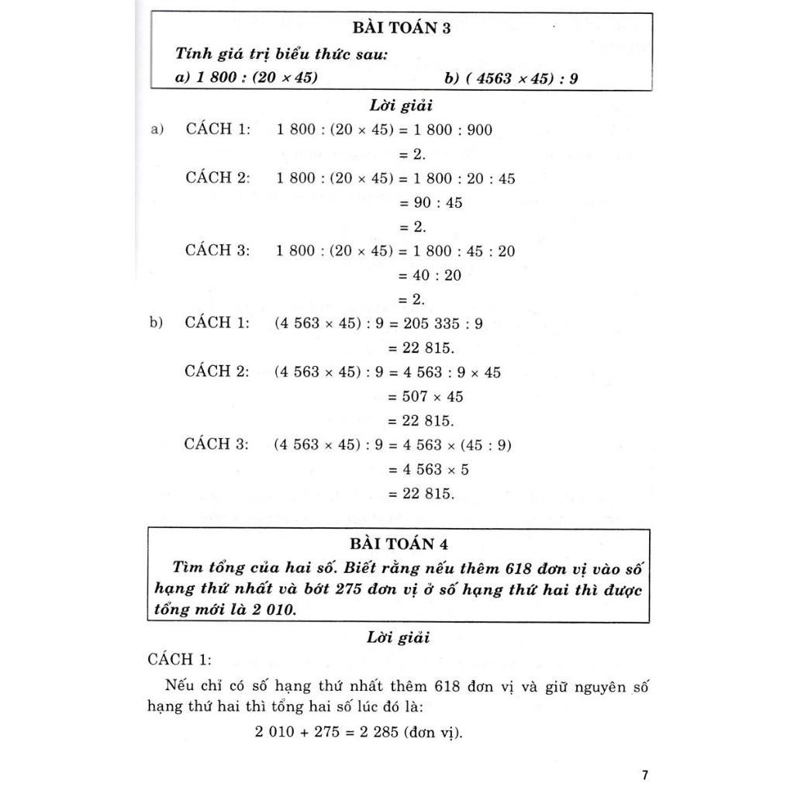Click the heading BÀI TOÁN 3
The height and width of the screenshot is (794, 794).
point(401,29)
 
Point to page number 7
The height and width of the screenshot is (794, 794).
point(645,775)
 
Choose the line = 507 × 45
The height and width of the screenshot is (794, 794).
point(425,396)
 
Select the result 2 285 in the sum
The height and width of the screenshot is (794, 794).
point(364,731)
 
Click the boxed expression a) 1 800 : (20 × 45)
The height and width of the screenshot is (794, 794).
point(247,78)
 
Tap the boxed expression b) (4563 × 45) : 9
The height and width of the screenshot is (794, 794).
point(511,78)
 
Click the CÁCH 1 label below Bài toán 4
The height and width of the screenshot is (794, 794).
point(178,660)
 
